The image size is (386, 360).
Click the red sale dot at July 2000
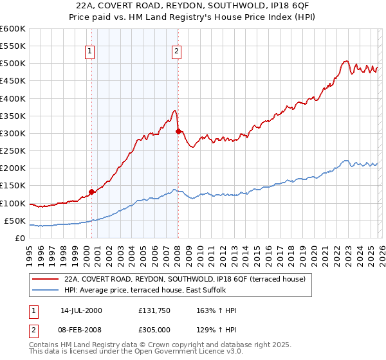91,192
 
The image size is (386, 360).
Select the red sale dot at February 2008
178,131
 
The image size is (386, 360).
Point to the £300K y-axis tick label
13,133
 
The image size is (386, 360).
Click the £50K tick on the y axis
15,221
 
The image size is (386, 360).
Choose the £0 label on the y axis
20,238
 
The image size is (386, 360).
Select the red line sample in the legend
46,280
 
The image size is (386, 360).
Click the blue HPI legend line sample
46,291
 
